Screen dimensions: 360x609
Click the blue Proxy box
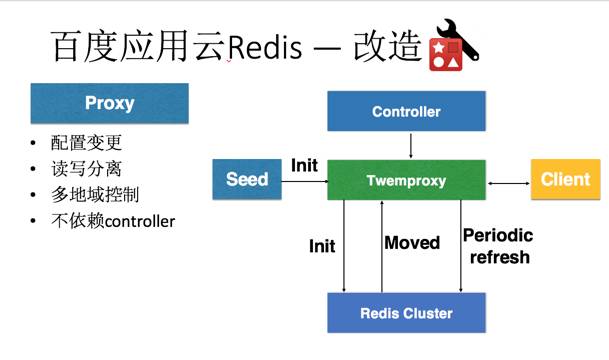109,103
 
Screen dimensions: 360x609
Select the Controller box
406,112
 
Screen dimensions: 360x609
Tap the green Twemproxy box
406,180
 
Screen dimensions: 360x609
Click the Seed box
247,180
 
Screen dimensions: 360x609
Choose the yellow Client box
565,180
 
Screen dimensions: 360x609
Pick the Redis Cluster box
406,313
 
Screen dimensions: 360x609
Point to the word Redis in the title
264,47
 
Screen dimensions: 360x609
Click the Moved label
412,243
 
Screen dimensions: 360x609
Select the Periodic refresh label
497,246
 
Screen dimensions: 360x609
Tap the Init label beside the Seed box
304,164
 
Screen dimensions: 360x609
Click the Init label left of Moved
322,245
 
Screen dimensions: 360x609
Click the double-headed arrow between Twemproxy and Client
509,182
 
